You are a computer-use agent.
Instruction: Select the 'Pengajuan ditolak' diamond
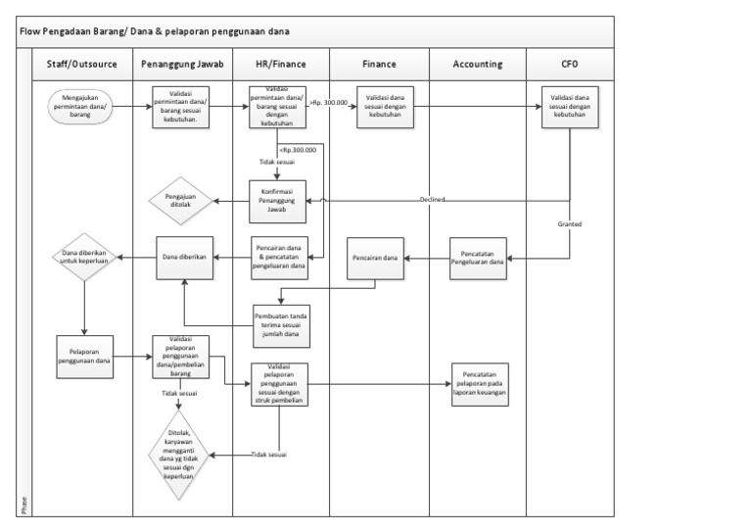[181, 201]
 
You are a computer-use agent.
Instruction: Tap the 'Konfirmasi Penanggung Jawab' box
[278, 200]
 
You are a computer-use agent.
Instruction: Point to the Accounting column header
[478, 65]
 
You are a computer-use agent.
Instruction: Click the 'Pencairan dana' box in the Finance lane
[377, 258]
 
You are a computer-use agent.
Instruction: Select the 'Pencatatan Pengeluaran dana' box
[478, 259]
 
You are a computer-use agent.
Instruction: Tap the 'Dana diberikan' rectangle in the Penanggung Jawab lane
[183, 258]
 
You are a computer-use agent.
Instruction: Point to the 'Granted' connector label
[570, 224]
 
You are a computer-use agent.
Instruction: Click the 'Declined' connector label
[433, 200]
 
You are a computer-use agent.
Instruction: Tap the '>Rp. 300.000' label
[329, 102]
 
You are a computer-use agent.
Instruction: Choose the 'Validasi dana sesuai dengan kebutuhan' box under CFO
[571, 106]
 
